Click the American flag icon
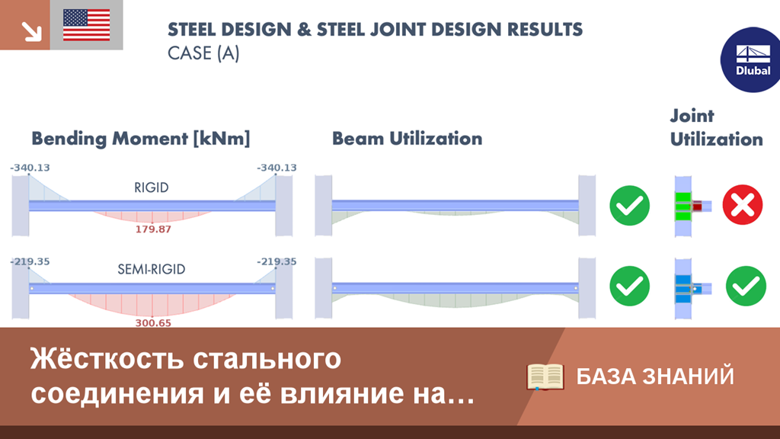pyautogui.click(x=87, y=25)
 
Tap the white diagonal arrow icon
pyautogui.click(x=31, y=30)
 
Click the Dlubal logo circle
pyautogui.click(x=751, y=59)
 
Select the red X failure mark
pyautogui.click(x=742, y=205)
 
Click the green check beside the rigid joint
pyautogui.click(x=629, y=206)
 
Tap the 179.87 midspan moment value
pyautogui.click(x=153, y=229)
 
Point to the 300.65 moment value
pyautogui.click(x=153, y=323)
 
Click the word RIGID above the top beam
pyautogui.click(x=152, y=187)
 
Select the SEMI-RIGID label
pyautogui.click(x=152, y=269)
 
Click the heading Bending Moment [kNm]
pyautogui.click(x=141, y=139)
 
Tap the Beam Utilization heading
pyautogui.click(x=407, y=139)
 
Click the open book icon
pyautogui.click(x=545, y=377)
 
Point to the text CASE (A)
pyautogui.click(x=203, y=53)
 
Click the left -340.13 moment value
pyautogui.click(x=30, y=168)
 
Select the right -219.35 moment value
pyautogui.click(x=277, y=262)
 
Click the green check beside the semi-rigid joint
pyautogui.click(x=746, y=287)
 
